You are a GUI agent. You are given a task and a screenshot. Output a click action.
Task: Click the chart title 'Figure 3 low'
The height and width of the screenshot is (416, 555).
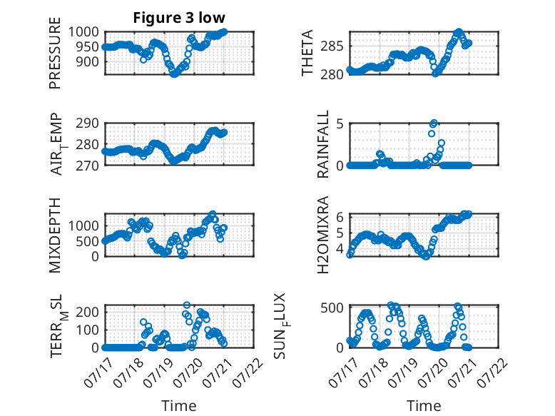179,18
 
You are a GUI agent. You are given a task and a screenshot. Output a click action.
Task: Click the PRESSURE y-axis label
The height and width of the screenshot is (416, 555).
55,53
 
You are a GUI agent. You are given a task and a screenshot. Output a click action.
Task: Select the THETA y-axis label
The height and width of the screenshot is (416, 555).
307,53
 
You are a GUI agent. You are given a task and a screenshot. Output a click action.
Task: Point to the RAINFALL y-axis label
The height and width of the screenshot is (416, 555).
323,143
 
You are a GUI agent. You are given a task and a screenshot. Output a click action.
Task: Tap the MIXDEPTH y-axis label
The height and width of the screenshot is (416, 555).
55,235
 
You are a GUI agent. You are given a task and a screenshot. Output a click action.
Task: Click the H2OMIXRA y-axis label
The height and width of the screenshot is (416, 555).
323,235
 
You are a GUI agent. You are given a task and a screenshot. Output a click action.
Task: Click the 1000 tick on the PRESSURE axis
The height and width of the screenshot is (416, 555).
83,32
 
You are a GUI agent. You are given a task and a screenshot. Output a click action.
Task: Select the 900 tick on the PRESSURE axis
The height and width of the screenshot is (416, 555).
88,61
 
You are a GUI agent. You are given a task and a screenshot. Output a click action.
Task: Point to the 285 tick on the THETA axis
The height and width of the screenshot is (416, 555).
332,46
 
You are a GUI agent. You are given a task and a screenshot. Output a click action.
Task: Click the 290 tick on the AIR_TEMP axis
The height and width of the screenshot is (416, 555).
88,123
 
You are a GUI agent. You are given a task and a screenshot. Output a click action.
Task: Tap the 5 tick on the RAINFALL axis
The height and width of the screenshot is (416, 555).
340,123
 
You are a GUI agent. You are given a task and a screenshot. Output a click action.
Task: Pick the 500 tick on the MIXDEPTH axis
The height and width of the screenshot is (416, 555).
88,241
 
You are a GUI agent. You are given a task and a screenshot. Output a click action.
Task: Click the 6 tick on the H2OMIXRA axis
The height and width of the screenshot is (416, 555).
340,217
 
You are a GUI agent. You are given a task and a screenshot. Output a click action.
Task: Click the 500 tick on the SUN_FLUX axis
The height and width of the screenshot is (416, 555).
332,308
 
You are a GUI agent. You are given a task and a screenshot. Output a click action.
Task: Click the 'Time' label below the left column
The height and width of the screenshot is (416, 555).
179,406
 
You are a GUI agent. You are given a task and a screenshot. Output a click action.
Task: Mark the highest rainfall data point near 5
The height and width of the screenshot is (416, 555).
434,123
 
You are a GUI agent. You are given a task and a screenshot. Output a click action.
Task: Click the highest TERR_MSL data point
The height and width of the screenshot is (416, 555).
186,305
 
